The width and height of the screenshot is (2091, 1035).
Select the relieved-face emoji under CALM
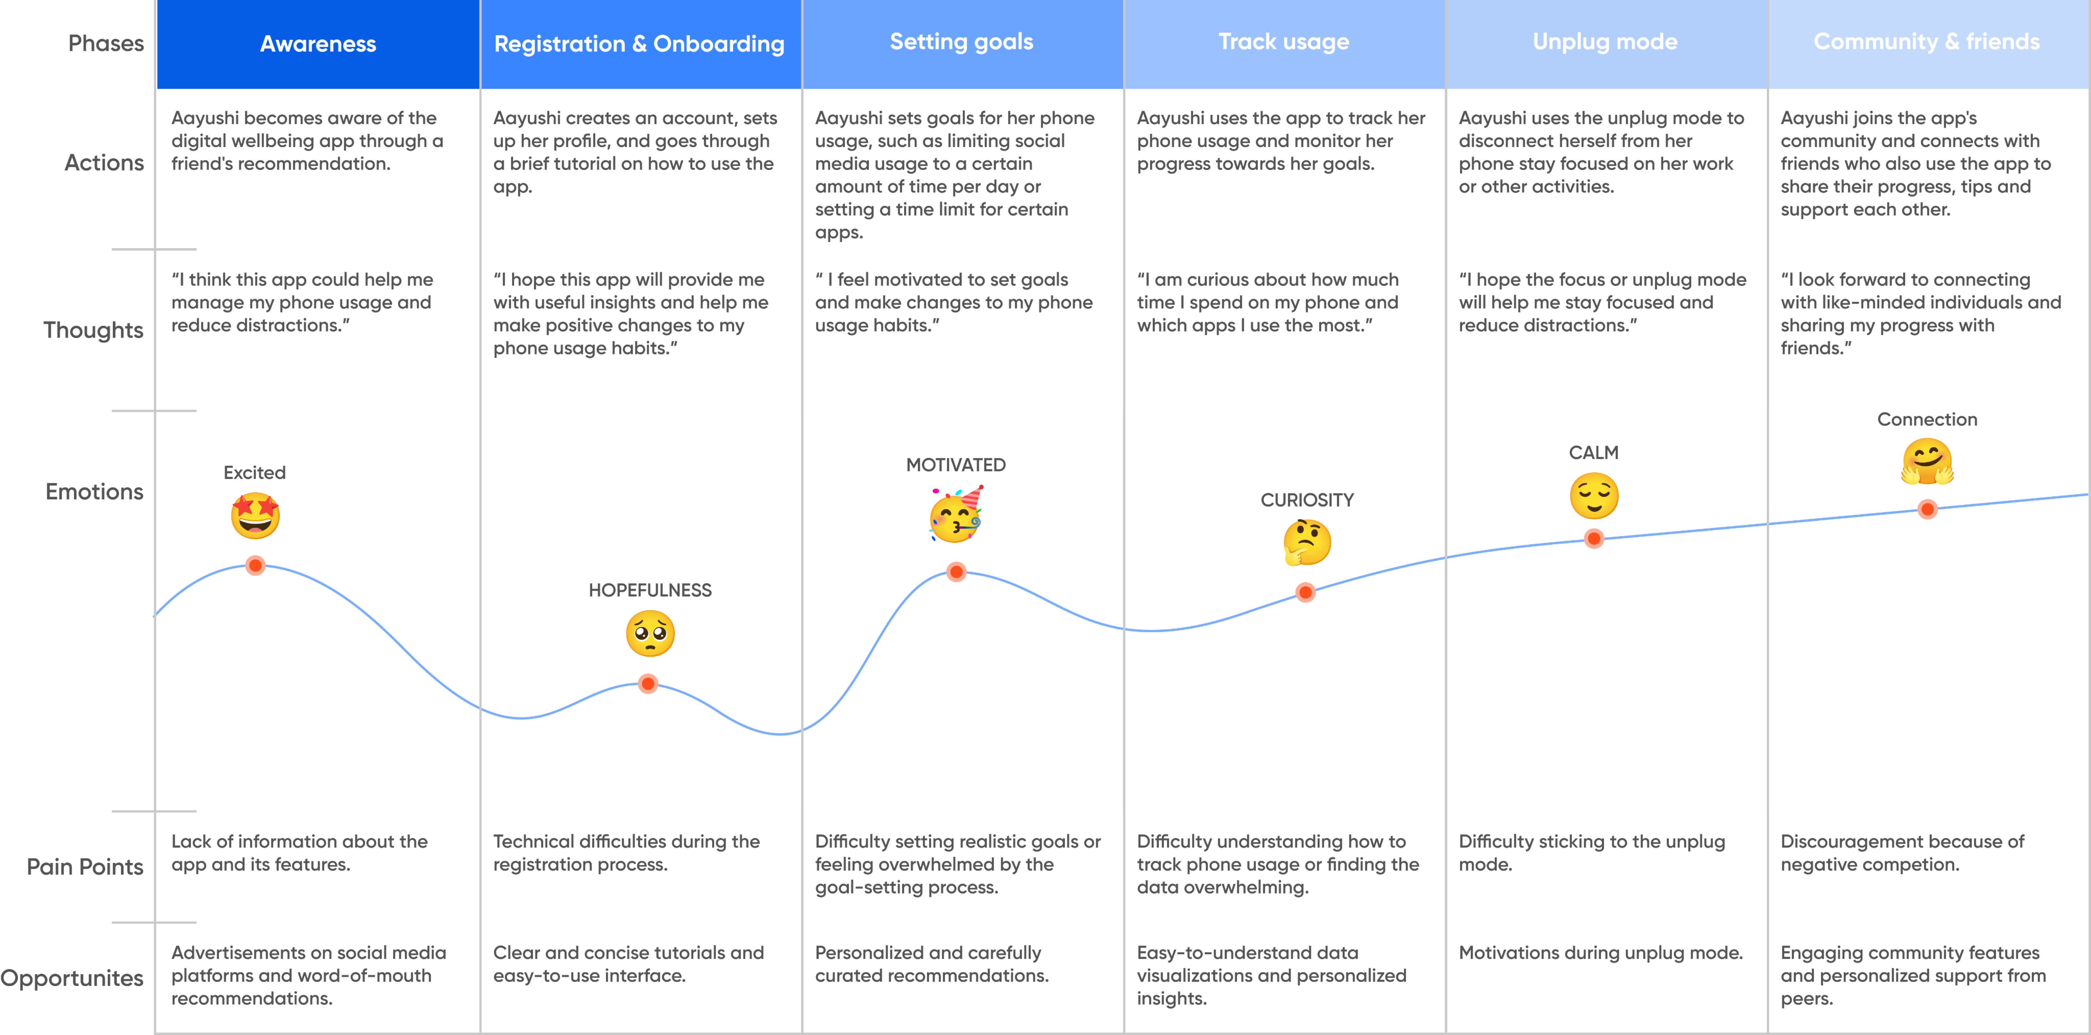click(1594, 496)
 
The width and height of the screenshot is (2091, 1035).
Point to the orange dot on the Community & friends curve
click(1927, 509)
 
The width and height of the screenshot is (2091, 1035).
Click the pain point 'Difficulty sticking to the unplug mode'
click(1591, 852)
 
